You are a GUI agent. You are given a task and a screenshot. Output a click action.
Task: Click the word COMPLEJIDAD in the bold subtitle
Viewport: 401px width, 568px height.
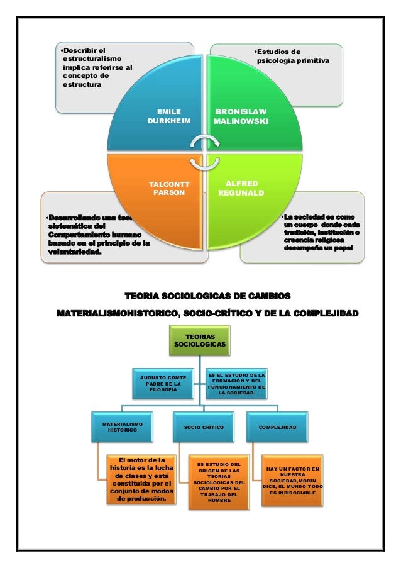(314, 313)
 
